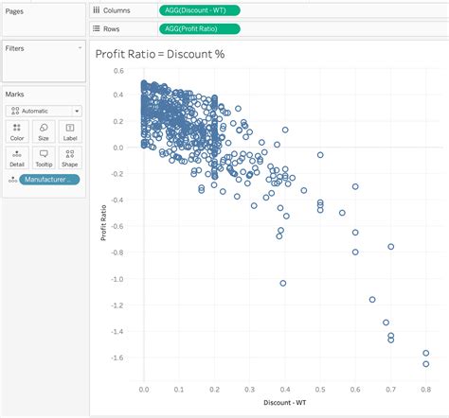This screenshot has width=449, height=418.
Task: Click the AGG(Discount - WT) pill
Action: pos(200,10)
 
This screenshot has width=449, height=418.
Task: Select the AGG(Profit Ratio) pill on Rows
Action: pos(200,28)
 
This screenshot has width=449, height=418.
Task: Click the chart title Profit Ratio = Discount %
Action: pos(160,54)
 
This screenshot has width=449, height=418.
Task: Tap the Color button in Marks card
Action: pos(17,131)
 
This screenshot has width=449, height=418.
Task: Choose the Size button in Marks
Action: pos(44,131)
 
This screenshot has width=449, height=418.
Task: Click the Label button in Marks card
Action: pos(69,131)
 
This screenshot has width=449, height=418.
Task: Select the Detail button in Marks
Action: pos(17,156)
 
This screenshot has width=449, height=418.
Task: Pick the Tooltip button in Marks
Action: pos(44,156)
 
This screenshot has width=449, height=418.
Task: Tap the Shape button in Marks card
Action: pos(69,156)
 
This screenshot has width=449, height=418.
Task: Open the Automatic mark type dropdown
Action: pos(44,111)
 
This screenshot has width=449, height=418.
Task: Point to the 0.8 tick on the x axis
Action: pos(425,388)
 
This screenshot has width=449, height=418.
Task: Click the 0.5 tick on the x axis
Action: pos(320,388)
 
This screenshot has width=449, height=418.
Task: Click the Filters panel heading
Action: pos(15,46)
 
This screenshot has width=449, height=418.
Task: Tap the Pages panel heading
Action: pos(14,9)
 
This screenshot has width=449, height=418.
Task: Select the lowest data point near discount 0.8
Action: pos(426,363)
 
